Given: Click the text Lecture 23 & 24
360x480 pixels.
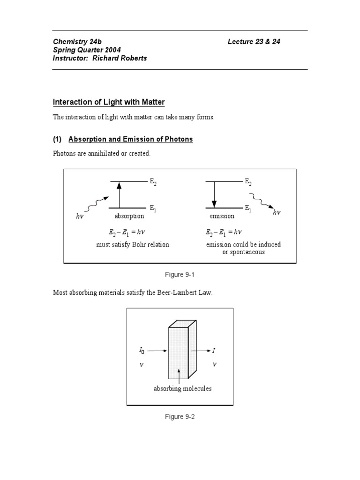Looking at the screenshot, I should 254,42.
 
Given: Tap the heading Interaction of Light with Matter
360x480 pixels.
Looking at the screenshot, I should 108,102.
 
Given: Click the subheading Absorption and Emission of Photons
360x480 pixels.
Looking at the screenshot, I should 130,139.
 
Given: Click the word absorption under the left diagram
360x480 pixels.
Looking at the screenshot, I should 129,217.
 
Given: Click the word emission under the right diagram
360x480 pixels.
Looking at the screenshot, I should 222,217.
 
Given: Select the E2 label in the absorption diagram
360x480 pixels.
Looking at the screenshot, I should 153,182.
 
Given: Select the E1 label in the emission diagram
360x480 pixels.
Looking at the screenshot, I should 248,208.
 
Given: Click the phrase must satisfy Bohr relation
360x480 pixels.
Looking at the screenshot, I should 133,244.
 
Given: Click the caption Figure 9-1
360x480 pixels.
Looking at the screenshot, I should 180,275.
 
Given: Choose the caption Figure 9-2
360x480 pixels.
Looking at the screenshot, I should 180,417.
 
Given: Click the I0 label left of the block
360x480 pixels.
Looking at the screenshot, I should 142,350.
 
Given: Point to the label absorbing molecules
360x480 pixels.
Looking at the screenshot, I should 183,389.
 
